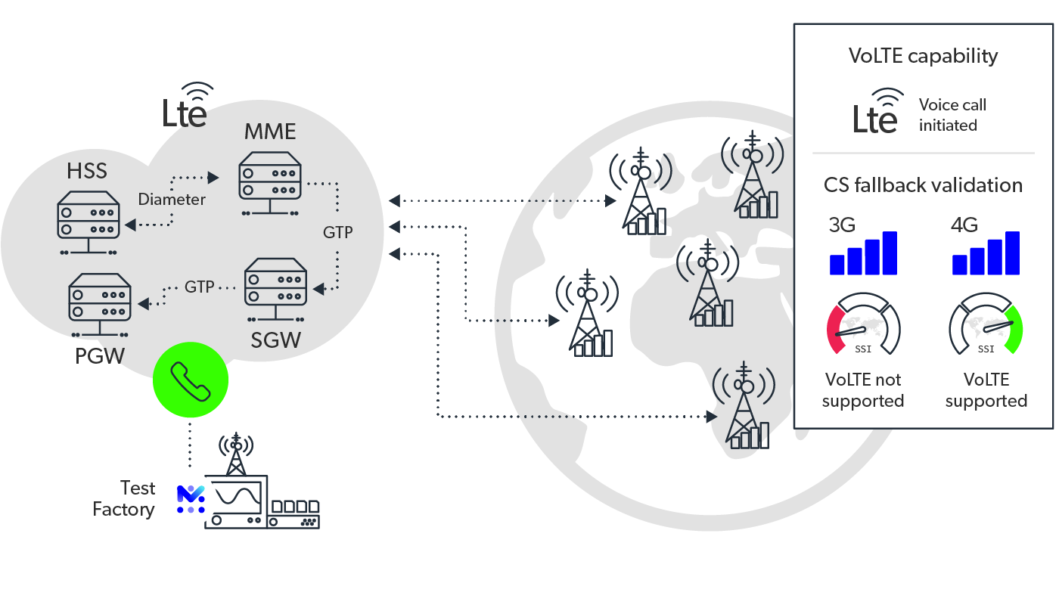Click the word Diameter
pos(172,200)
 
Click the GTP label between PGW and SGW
pos(200,287)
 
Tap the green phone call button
pos(190,380)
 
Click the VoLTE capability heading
pos(923,56)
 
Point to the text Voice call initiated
pos(952,115)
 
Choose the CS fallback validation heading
pos(923,185)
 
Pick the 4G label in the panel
pos(964,225)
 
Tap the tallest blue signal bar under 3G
pos(890,253)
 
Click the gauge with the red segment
pos(863,324)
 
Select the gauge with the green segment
pos(986,324)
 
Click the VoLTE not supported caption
pos(863,390)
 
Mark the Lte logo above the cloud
pos(187,106)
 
